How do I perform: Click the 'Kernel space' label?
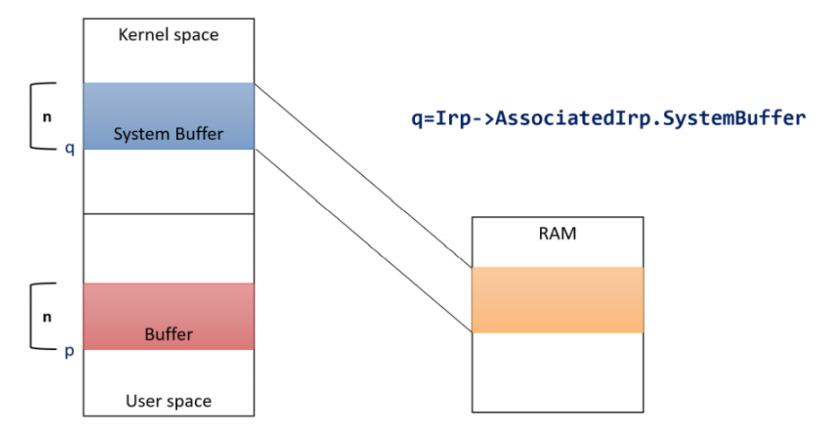[169, 35]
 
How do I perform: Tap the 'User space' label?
[169, 401]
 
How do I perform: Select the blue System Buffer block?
[169, 116]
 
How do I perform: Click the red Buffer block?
[169, 316]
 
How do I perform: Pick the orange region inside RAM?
[558, 300]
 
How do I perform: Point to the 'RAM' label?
[558, 233]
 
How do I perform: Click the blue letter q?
[69, 148]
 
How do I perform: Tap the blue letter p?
[69, 351]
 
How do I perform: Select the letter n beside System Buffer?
[48, 117]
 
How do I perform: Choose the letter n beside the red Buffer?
[48, 317]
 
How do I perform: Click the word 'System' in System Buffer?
[139, 134]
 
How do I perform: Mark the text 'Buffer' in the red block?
[169, 334]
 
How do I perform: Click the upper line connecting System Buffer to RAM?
[364, 176]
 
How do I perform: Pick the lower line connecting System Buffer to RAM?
[364, 241]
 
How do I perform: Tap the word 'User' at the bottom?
[142, 401]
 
